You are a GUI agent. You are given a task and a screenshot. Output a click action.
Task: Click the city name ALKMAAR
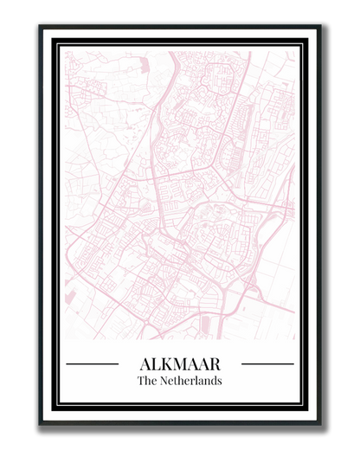180,364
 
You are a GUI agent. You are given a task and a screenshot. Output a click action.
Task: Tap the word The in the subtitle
146,381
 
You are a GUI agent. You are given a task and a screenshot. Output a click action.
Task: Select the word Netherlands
190,381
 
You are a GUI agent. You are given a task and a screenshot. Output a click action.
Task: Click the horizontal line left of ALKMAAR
92,364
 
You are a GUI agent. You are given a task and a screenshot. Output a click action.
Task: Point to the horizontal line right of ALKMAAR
267,364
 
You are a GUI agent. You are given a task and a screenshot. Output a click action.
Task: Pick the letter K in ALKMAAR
165,364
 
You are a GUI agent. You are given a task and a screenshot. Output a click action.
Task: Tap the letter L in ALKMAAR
154,364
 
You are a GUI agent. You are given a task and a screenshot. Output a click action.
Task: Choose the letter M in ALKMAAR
179,364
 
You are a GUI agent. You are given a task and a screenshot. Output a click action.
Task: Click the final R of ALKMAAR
215,364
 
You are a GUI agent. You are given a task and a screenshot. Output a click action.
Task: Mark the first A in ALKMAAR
145,364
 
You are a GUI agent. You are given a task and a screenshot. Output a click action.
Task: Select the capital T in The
141,381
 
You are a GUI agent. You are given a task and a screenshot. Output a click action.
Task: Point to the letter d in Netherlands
213,381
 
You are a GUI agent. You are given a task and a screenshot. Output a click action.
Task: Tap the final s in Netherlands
220,381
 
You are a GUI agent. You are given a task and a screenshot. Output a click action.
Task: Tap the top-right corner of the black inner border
304,41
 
